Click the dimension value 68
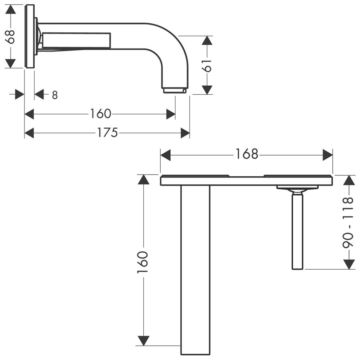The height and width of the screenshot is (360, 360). point(10,37)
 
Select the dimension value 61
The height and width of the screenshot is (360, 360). point(207,66)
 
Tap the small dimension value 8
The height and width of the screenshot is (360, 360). point(55,95)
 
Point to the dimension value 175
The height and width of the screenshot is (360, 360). point(107,133)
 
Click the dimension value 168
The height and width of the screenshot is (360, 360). point(247,154)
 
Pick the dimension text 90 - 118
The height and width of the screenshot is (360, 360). point(348,222)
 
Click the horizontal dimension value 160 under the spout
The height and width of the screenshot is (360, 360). point(100,114)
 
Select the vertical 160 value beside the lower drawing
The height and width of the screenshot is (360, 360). point(142,262)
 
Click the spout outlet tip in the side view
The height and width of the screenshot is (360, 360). point(175,91)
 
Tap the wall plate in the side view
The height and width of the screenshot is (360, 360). point(30,36)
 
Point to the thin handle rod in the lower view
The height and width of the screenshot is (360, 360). point(298,231)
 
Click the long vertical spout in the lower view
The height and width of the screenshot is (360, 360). point(195,270)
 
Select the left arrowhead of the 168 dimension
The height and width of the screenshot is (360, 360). point(165,155)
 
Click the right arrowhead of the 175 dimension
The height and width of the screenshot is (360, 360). point(185,133)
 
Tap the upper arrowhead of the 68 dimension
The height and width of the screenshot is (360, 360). point(10,9)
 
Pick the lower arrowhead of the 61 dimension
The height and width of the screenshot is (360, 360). point(207,90)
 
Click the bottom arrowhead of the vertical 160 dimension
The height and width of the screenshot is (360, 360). point(144,341)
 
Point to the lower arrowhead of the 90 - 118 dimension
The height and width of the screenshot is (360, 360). point(349,264)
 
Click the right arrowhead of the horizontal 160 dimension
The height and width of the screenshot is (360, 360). point(171,114)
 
